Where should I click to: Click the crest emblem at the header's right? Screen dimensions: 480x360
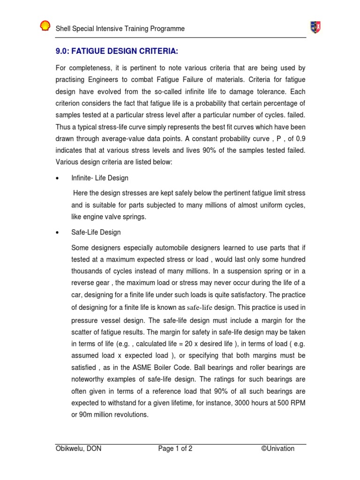pyautogui.click(x=315, y=28)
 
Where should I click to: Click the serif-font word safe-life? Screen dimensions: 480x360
pyautogui.click(x=200, y=308)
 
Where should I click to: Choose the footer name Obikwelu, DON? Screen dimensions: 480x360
pyautogui.click(x=78, y=449)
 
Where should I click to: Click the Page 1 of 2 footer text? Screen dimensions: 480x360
pyautogui.click(x=175, y=449)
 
